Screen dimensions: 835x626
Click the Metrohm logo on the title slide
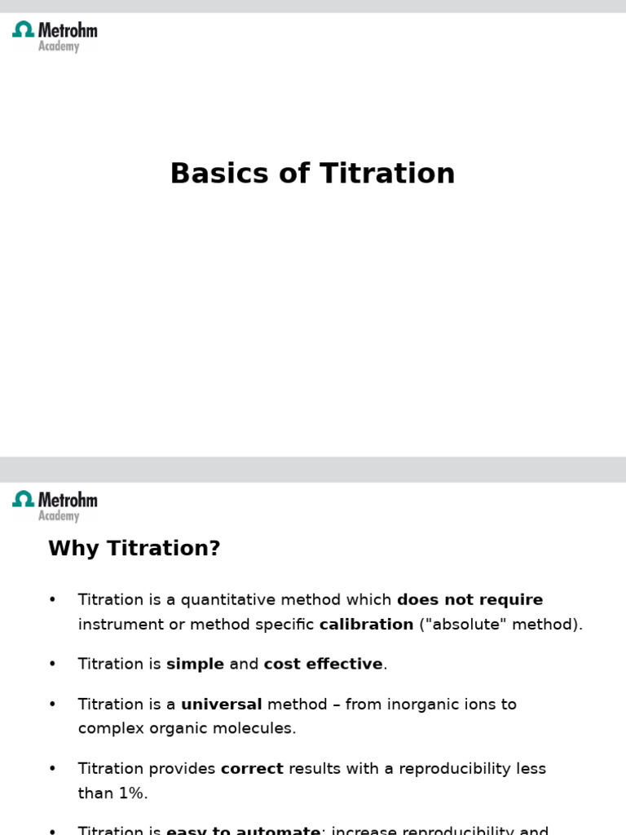pyautogui.click(x=55, y=32)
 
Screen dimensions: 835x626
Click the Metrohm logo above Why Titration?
pyautogui.click(x=55, y=500)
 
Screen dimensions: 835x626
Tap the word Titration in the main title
pyautogui.click(x=387, y=174)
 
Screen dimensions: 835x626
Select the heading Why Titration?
pyautogui.click(x=134, y=549)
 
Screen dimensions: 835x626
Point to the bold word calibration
pyautogui.click(x=366, y=625)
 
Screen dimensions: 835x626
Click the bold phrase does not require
pyautogui.click(x=469, y=600)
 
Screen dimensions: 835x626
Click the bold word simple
pyautogui.click(x=195, y=664)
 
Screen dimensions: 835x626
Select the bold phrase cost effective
pyautogui.click(x=323, y=664)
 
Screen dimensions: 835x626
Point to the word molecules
pyautogui.click(x=255, y=728)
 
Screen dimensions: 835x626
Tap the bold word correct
pyautogui.click(x=252, y=768)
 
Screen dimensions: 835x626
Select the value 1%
pyautogui.click(x=130, y=793)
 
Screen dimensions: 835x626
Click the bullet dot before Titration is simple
pyautogui.click(x=53, y=664)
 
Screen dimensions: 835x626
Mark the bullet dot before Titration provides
pyautogui.click(x=53, y=768)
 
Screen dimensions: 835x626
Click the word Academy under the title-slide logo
pyautogui.click(x=59, y=47)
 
